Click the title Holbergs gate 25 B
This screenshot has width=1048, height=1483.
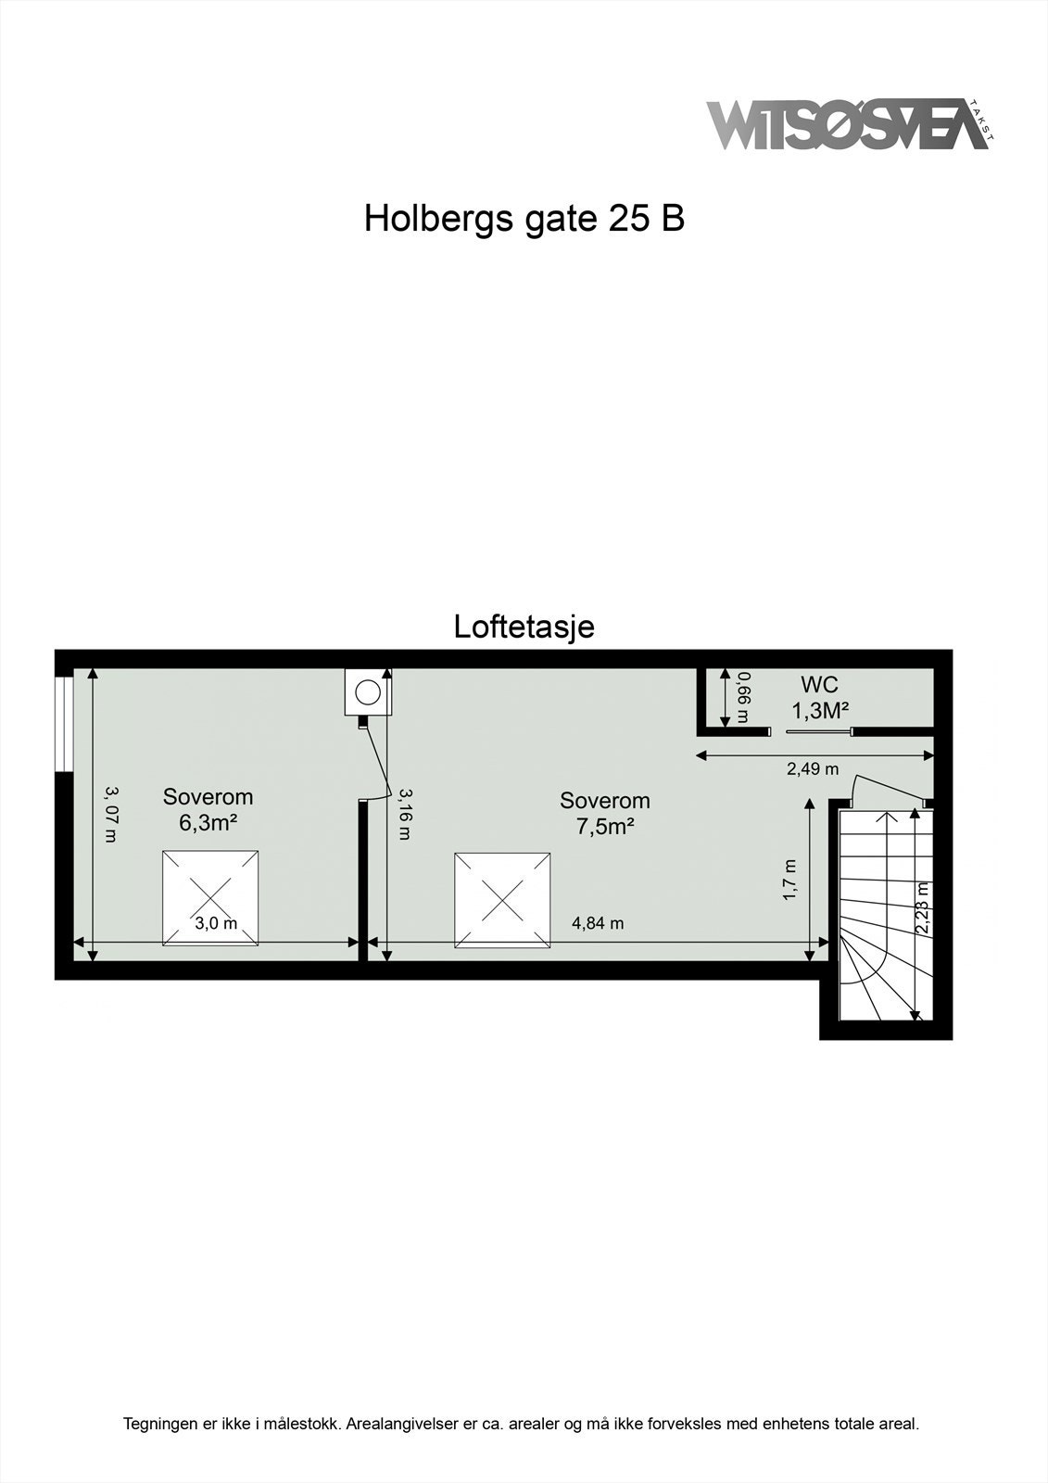[x=524, y=219]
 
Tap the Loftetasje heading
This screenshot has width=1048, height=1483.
[x=524, y=627]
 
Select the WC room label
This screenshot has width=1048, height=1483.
[x=819, y=685]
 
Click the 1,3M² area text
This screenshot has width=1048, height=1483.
[x=820, y=711]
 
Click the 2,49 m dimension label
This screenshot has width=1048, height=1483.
[x=812, y=768]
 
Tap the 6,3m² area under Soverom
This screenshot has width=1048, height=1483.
[x=208, y=822]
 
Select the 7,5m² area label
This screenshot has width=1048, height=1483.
[x=604, y=826]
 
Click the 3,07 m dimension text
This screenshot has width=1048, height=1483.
[x=111, y=815]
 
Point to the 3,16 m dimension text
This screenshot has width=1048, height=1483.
[x=404, y=814]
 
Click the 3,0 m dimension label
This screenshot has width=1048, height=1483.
[x=216, y=923]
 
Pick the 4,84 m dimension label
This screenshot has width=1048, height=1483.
[x=598, y=923]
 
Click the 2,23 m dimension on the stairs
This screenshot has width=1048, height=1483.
[x=923, y=908]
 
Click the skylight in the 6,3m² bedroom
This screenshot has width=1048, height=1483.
[x=210, y=898]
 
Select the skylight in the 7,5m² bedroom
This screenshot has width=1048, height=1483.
[x=503, y=901]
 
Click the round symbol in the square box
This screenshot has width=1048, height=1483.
[x=368, y=692]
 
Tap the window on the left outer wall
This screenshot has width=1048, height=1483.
[x=63, y=723]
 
